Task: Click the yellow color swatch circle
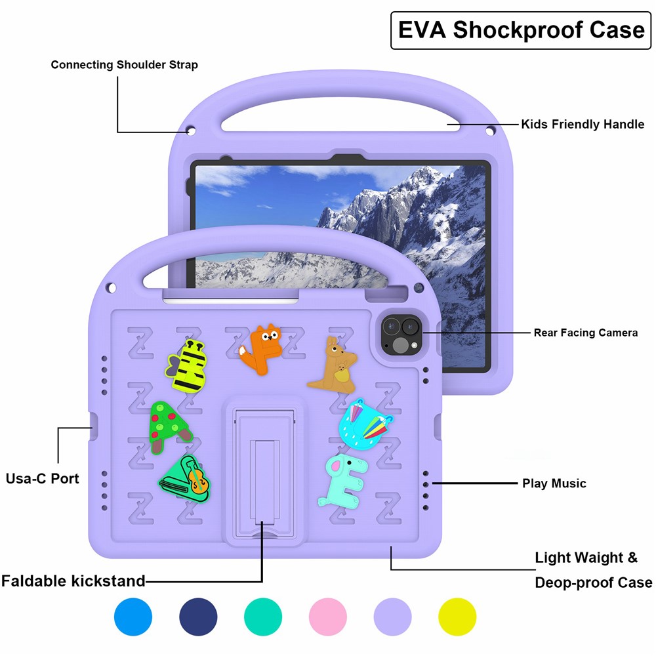click(457, 617)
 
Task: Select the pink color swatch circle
click(327, 617)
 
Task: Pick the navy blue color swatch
click(198, 617)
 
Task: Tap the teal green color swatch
click(263, 617)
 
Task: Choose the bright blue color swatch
click(133, 617)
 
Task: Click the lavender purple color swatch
click(392, 617)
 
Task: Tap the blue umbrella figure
click(366, 423)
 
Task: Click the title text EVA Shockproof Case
click(522, 30)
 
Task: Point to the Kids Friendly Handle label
click(583, 124)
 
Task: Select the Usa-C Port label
click(43, 478)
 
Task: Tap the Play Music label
click(554, 483)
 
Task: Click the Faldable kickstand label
click(73, 581)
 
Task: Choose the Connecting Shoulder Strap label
click(124, 65)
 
